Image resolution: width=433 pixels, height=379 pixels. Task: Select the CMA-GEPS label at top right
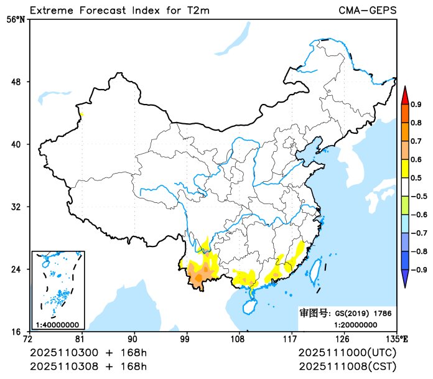[x=368, y=10]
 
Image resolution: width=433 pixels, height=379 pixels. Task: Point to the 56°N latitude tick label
[x=16, y=19]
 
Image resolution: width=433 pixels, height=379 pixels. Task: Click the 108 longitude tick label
[x=238, y=340]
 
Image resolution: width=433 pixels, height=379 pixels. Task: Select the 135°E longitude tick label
[x=398, y=340]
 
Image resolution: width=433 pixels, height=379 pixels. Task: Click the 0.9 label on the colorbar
[x=416, y=104]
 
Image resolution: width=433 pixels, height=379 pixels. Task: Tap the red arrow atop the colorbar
[x=404, y=95]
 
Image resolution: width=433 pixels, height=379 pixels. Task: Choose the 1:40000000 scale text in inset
[x=57, y=324]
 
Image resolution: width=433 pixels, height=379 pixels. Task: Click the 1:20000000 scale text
[x=356, y=324]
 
